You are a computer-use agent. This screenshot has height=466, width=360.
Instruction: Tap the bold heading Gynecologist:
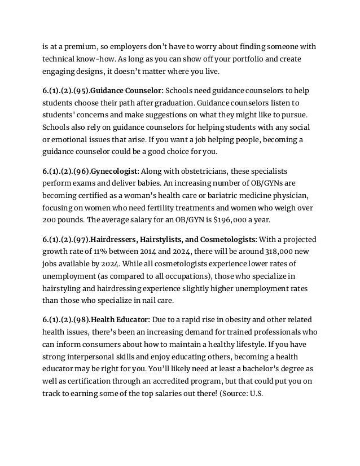[x=115, y=171]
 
